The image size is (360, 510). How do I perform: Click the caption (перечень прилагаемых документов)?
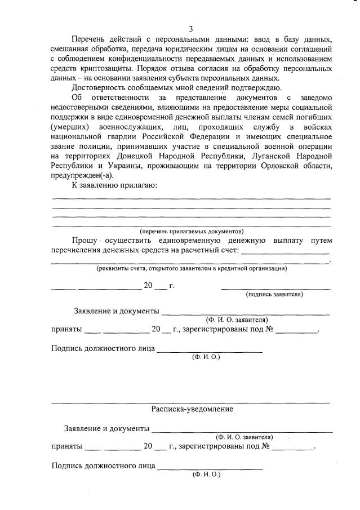tap(192, 231)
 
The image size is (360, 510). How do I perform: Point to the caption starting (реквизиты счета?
tap(191, 269)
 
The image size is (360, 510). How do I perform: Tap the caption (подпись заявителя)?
tap(274, 294)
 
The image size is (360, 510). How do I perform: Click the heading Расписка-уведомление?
tap(192, 409)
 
